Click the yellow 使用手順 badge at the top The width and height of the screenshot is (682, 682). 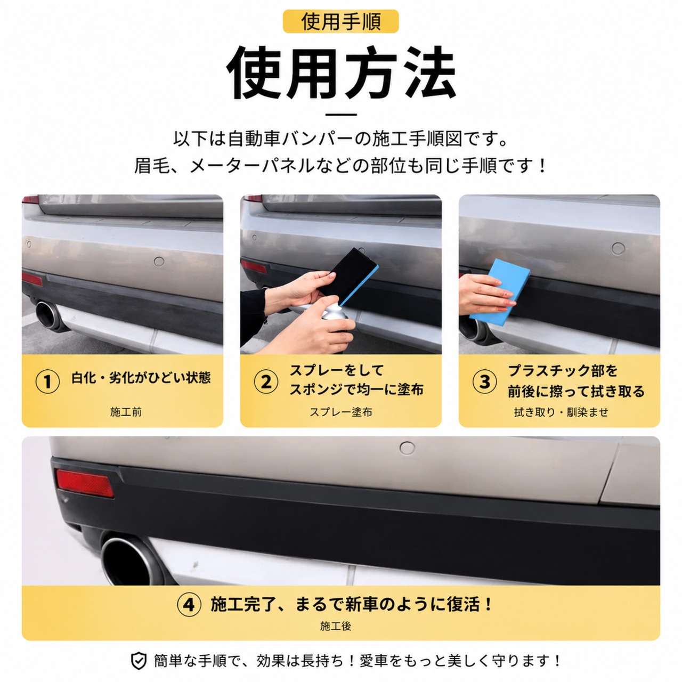340,21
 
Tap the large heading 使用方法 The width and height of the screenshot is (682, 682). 341,73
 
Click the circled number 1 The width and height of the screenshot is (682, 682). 47,381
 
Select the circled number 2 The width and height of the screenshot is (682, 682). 266,381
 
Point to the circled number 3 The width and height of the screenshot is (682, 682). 484,381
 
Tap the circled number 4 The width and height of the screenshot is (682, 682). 189,604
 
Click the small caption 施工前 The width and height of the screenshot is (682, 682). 126,412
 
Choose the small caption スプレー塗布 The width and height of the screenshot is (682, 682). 341,412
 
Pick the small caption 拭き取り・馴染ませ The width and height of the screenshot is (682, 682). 561,412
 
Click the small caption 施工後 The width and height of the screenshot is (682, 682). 336,626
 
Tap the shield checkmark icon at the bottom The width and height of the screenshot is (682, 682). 139,661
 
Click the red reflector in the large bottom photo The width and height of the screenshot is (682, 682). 85,483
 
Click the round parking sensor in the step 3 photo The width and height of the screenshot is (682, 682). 618,249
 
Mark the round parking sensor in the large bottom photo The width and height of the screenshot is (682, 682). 407,448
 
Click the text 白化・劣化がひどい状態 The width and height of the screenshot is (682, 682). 141,378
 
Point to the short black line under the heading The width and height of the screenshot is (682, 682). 341,115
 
